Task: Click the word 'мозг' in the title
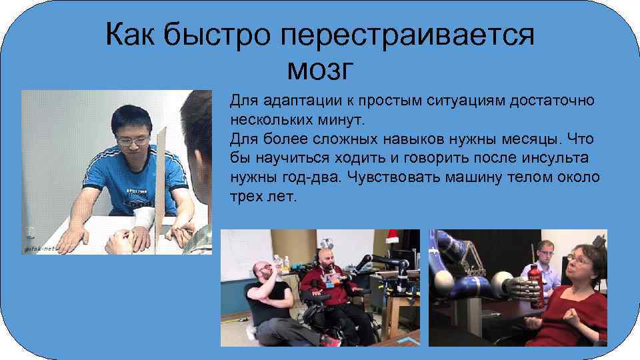(319, 68)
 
